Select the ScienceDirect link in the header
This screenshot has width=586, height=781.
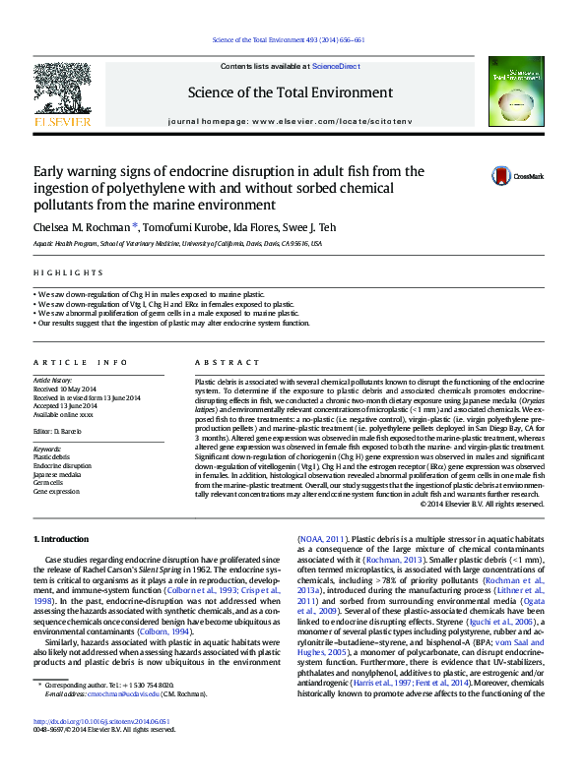[335, 65]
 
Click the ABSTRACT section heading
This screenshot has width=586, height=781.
[220, 362]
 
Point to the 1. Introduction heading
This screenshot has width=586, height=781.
[62, 539]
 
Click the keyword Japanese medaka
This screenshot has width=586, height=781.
[56, 473]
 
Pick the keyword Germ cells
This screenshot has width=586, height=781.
[48, 482]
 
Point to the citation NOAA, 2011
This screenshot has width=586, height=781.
[323, 539]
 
